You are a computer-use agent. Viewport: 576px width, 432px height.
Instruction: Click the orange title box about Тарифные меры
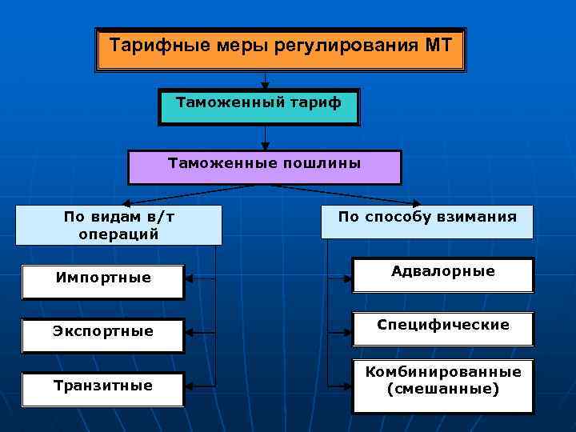pyautogui.click(x=280, y=50)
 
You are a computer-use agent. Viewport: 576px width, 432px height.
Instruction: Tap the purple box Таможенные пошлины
pyautogui.click(x=265, y=166)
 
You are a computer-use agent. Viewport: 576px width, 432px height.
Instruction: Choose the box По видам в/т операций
pyautogui.click(x=118, y=225)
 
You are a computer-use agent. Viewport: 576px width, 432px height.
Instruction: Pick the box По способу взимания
pyautogui.click(x=427, y=221)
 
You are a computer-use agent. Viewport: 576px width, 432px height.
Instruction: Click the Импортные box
pyautogui.click(x=103, y=280)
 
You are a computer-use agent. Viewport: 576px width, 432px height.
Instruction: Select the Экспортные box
pyautogui.click(x=103, y=333)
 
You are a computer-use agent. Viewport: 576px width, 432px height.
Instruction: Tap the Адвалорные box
pyautogui.click(x=442, y=274)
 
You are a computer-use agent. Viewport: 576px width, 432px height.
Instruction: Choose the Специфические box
pyautogui.click(x=442, y=327)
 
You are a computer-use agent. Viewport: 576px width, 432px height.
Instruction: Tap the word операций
pyautogui.click(x=118, y=234)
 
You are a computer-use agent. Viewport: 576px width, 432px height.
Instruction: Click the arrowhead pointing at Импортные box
pyautogui.click(x=189, y=280)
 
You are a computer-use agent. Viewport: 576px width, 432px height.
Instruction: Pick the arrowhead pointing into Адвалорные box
pyautogui.click(x=348, y=278)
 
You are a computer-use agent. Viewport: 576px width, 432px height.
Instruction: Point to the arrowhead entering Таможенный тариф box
pyautogui.click(x=265, y=85)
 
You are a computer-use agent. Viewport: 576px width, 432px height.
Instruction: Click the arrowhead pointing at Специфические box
pyautogui.click(x=348, y=330)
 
